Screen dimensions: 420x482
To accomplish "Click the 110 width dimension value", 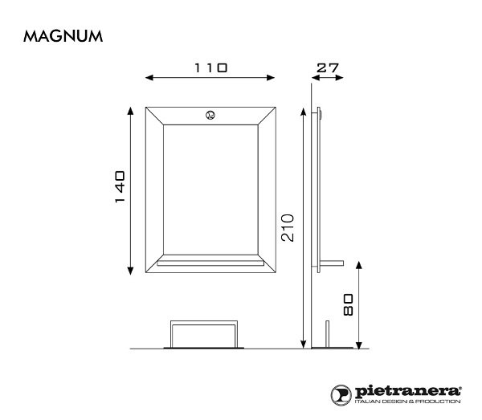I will click(210, 68).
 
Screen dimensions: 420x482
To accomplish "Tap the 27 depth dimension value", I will click(327, 68).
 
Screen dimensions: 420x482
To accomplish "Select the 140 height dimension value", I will click(118, 186).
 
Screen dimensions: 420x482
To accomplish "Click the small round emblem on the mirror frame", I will click(210, 115).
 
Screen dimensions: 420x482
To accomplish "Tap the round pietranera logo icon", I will click(341, 393).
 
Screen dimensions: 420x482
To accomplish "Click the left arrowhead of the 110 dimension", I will click(146, 78).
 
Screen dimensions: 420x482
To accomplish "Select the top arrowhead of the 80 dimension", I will click(359, 262).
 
